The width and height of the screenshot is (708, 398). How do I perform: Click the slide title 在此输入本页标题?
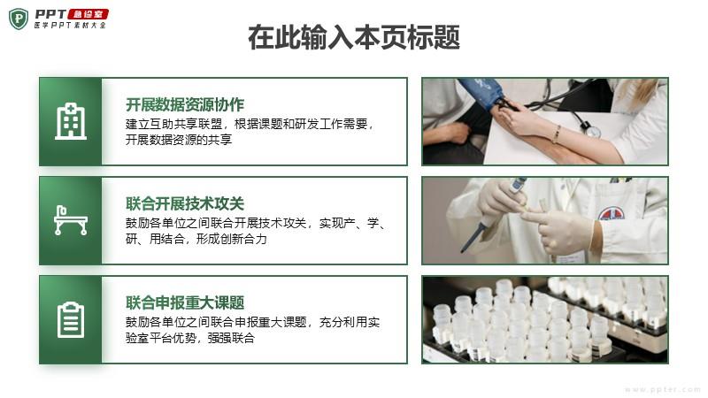click(x=354, y=37)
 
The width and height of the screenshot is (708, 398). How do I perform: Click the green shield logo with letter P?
click(x=19, y=19)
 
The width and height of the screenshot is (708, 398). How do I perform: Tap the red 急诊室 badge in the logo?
click(x=88, y=14)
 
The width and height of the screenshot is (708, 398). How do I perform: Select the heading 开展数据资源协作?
click(x=185, y=104)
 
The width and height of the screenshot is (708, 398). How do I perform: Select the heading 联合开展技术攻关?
click(x=185, y=204)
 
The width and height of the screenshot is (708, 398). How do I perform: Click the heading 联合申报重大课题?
click(x=185, y=302)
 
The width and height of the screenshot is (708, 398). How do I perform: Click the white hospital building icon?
click(x=71, y=121)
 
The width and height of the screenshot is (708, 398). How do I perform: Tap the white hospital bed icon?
click(x=71, y=220)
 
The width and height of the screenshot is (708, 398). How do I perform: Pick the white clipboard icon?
click(x=71, y=320)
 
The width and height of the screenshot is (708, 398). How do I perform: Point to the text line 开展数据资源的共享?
click(x=179, y=140)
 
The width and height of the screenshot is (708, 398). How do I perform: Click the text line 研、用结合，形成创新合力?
click(x=196, y=239)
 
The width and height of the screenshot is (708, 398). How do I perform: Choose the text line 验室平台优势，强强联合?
click(x=190, y=338)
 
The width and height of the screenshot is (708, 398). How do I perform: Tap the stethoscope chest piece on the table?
click(x=593, y=131)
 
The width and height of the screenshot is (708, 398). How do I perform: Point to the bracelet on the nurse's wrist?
click(x=558, y=134)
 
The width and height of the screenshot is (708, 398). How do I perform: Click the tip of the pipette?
click(x=462, y=250)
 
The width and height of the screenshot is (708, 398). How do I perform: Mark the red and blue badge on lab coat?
click(x=612, y=213)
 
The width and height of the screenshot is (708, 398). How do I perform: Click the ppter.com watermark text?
click(x=662, y=389)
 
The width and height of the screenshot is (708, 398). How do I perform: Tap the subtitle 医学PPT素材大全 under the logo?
click(x=71, y=26)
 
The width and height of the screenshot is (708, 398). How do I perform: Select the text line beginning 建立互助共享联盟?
click(x=250, y=124)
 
